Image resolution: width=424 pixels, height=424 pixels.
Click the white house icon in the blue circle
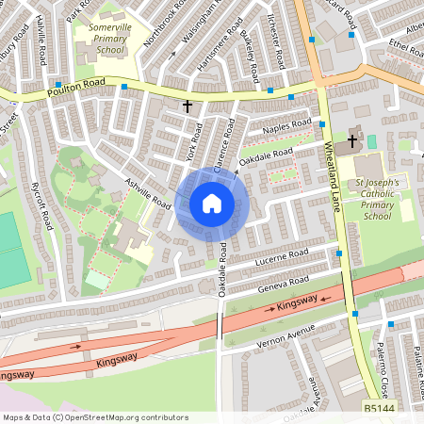point(212,203)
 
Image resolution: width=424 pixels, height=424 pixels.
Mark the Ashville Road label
point(148,191)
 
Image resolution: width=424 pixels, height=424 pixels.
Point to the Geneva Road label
point(285,281)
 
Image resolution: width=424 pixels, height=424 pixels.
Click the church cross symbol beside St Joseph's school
point(352,141)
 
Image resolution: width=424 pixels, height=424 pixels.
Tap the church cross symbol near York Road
point(188,106)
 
